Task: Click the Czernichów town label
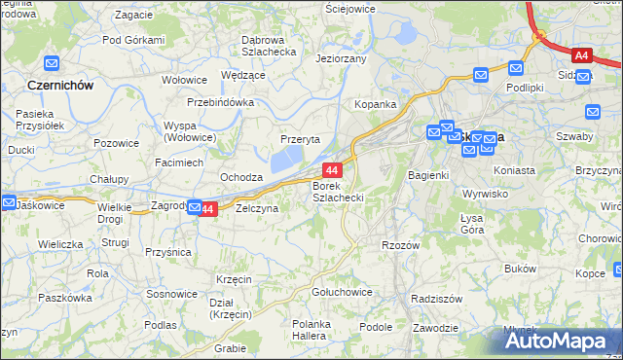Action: click(60, 86)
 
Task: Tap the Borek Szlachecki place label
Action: click(338, 191)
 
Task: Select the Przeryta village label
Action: click(301, 139)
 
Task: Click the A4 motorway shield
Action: click(582, 56)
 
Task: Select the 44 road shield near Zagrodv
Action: click(205, 209)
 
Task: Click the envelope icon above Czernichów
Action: click(52, 64)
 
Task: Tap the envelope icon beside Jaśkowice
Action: click(8, 203)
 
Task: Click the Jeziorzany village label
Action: click(341, 59)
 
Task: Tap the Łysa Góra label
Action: click(472, 224)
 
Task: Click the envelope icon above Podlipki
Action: click(516, 68)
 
